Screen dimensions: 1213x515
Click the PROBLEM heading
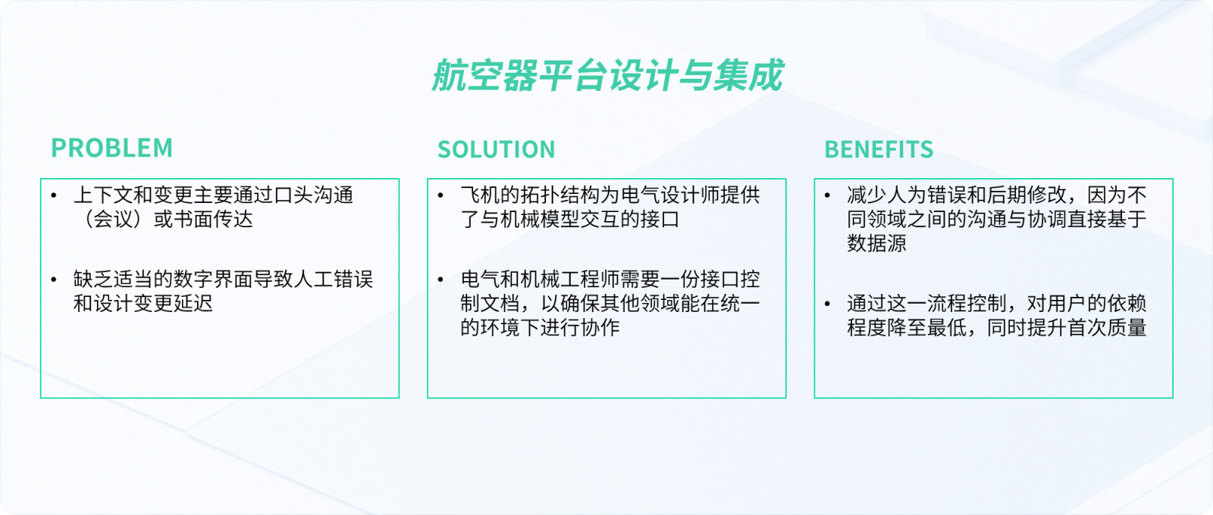(111, 148)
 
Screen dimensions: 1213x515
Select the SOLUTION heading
(496, 149)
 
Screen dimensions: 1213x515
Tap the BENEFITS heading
(879, 149)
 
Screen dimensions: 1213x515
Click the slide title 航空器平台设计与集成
(607, 75)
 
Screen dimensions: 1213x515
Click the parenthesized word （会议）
(113, 219)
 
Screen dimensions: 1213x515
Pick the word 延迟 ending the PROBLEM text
(193, 304)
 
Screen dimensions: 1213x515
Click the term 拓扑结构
(560, 195)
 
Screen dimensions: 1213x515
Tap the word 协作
(600, 328)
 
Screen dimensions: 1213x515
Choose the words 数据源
(876, 243)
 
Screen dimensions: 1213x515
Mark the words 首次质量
(1107, 328)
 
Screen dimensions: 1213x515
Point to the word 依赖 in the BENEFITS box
(1127, 304)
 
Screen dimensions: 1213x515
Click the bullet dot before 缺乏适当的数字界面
(54, 279)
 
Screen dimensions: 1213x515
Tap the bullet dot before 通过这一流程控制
(827, 304)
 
